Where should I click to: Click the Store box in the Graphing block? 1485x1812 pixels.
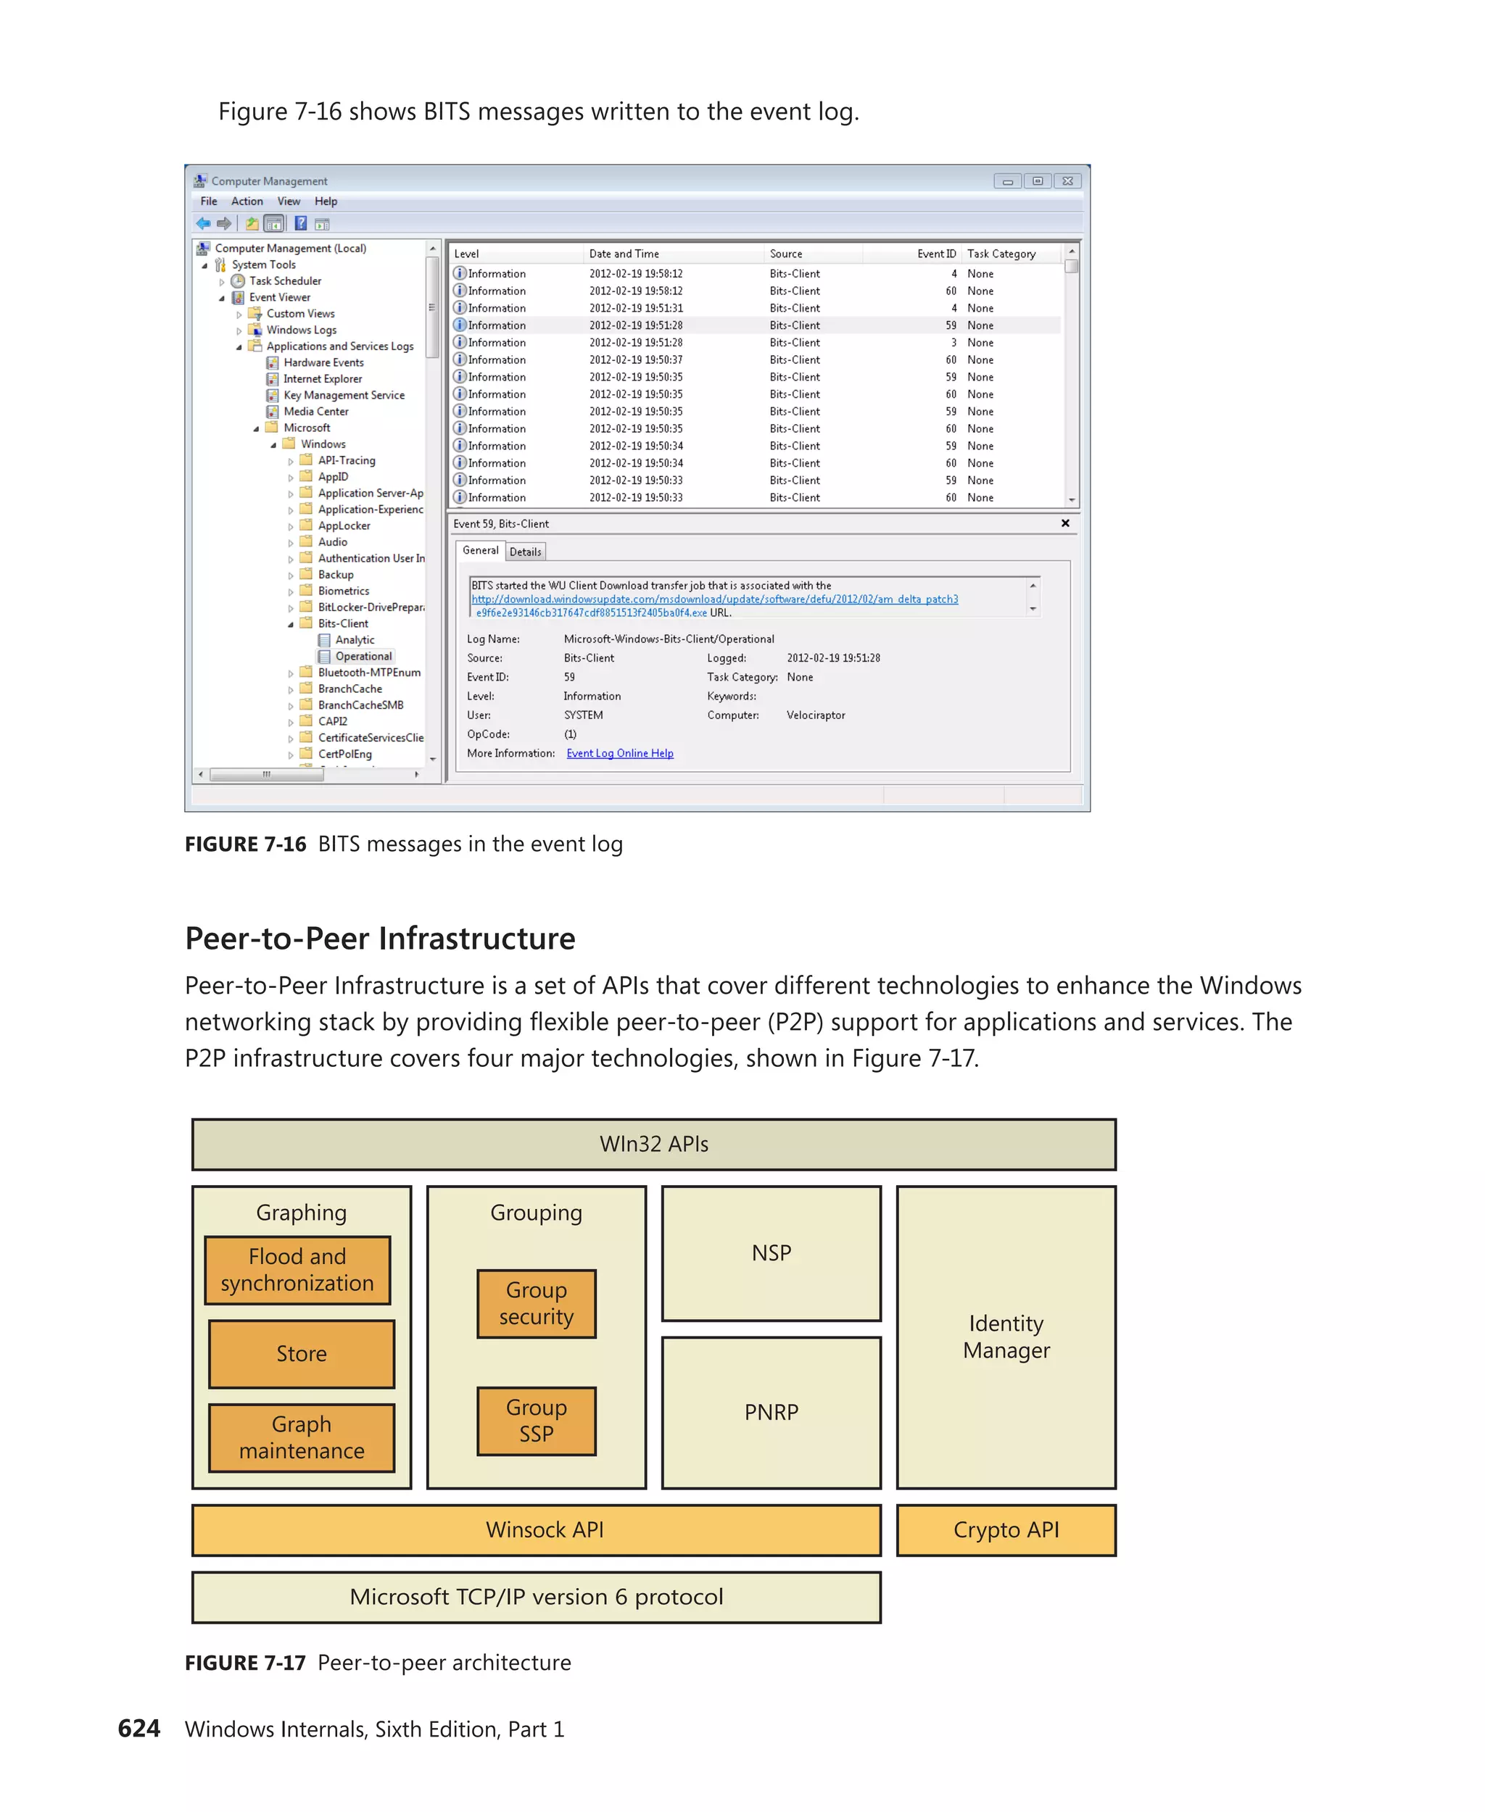click(301, 1354)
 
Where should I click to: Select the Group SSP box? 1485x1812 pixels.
click(537, 1421)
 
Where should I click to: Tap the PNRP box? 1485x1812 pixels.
click(771, 1412)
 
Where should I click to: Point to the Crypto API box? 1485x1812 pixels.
click(1006, 1530)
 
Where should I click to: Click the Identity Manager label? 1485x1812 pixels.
click(1006, 1337)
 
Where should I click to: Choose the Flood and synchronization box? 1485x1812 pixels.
click(298, 1270)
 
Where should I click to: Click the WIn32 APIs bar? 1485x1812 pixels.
click(653, 1144)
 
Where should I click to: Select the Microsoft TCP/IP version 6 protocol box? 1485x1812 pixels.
click(537, 1597)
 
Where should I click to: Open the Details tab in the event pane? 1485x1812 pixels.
click(525, 552)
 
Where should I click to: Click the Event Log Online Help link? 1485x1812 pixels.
click(619, 753)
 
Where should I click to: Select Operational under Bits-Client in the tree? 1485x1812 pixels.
click(363, 656)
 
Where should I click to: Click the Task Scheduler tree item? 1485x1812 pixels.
click(285, 280)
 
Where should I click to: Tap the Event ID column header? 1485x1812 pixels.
click(936, 254)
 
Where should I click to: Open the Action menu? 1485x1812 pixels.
click(247, 201)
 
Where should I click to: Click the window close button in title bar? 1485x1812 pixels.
click(1067, 181)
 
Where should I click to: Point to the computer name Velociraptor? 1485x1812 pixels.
click(815, 715)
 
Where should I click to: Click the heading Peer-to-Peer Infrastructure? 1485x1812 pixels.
click(380, 939)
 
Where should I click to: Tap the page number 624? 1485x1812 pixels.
click(138, 1728)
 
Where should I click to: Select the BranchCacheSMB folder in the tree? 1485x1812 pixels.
click(360, 705)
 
